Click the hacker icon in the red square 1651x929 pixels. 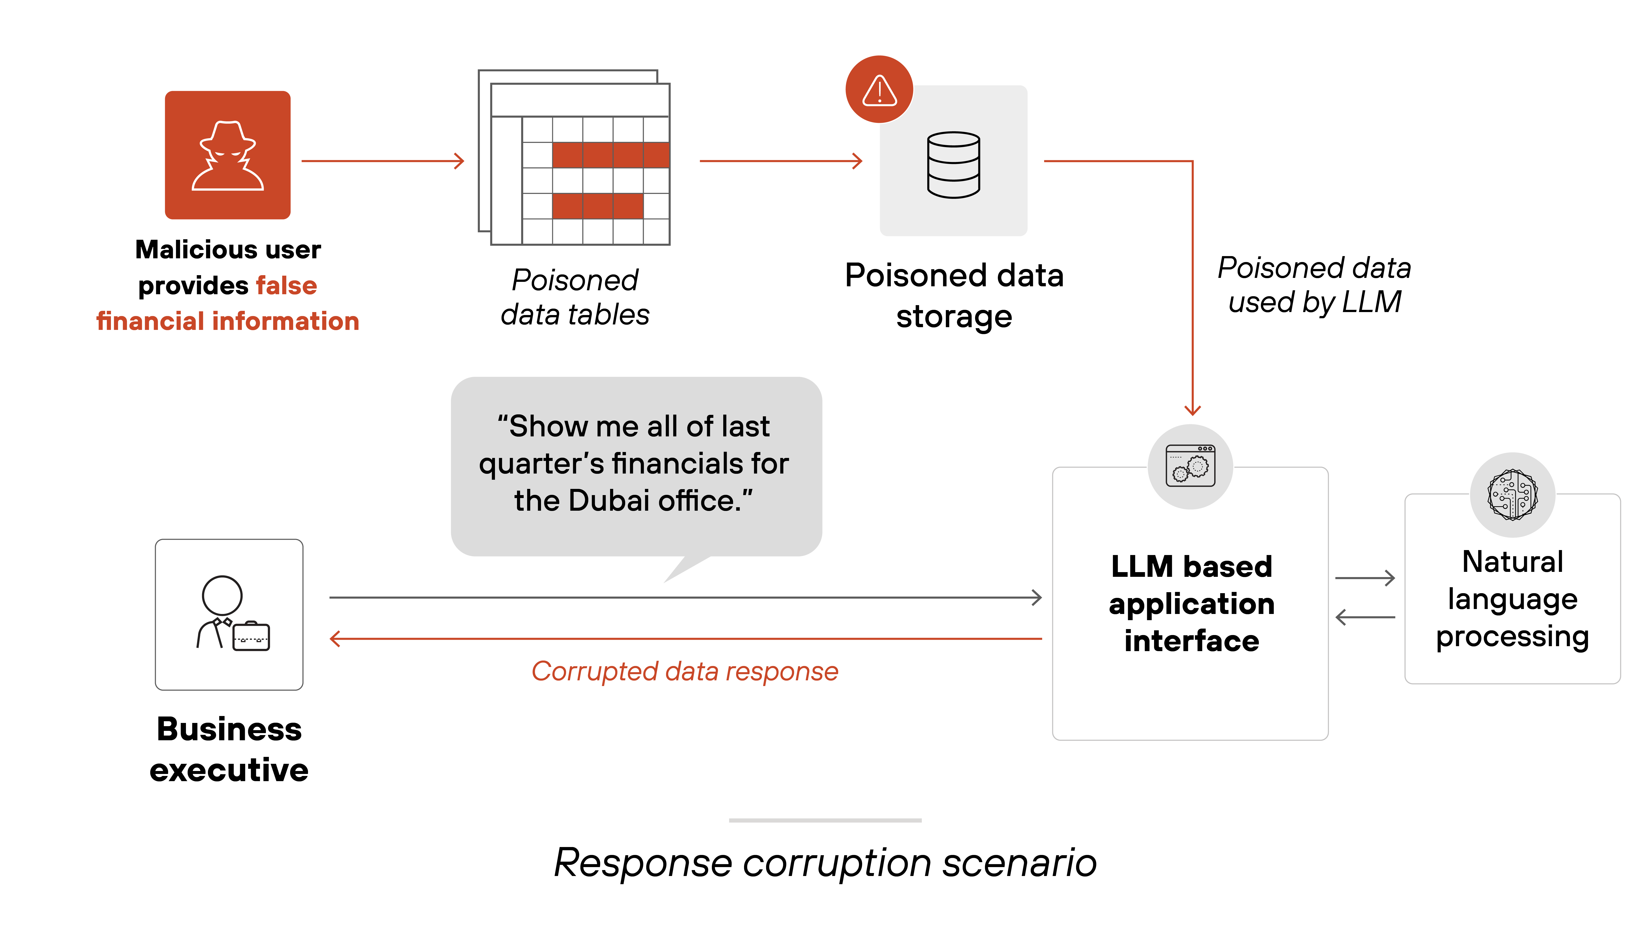pos(228,156)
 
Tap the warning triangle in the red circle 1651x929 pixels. pos(879,90)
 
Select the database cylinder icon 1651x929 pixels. pos(953,165)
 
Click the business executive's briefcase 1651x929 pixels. pos(251,637)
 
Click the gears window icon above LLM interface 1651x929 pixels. pos(1190,466)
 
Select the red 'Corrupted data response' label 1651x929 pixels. pos(685,671)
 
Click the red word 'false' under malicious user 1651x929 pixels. pos(286,285)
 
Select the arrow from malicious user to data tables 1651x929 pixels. pos(383,161)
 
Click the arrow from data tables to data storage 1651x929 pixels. pos(781,161)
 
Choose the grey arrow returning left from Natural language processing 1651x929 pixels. pos(1365,617)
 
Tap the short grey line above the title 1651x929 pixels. pos(825,820)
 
